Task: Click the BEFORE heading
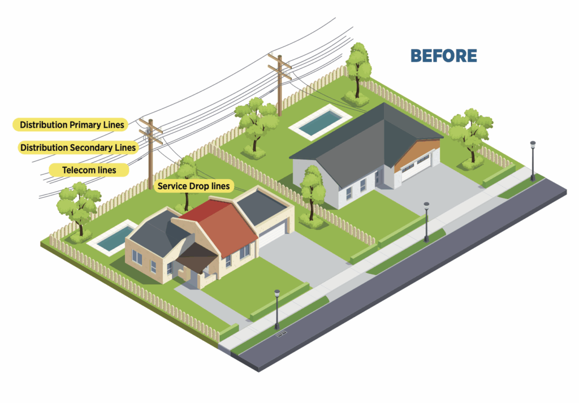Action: click(443, 55)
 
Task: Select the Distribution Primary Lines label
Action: click(72, 124)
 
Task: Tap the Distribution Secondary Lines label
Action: click(78, 148)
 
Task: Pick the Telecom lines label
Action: click(89, 170)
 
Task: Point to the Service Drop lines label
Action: click(193, 185)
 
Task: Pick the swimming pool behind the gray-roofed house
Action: click(318, 123)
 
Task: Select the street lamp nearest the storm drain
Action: click(277, 309)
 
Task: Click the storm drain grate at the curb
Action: click(282, 333)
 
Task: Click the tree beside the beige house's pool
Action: click(79, 207)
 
